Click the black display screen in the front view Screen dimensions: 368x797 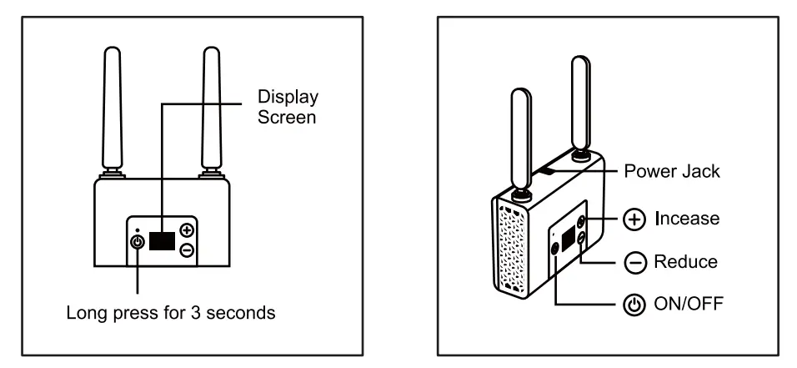163,240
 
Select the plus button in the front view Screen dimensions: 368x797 187,230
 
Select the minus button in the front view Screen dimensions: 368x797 187,250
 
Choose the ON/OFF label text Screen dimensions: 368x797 689,304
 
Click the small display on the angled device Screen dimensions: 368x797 569,240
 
